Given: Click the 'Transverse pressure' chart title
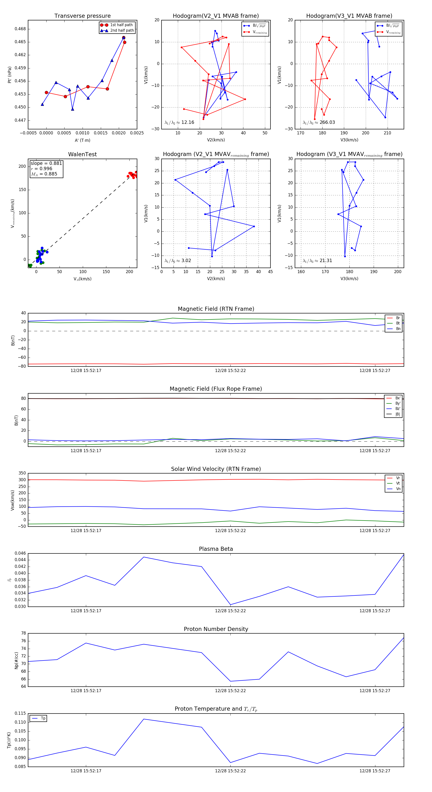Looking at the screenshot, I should tap(82, 16).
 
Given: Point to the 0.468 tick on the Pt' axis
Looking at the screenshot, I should tap(20, 29).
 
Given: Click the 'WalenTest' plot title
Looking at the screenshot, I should tap(82, 154).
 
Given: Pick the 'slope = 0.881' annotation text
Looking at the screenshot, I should tap(46, 163).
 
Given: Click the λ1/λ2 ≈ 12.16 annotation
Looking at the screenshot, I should tap(179, 122).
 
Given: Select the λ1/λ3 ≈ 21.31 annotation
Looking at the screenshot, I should tap(317, 261).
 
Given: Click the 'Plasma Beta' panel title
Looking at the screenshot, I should tap(216, 549).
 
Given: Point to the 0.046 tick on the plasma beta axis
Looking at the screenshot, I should tap(20, 553).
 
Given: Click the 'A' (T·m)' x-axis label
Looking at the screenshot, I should tap(82, 140).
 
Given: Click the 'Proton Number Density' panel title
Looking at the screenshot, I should tap(216, 629).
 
